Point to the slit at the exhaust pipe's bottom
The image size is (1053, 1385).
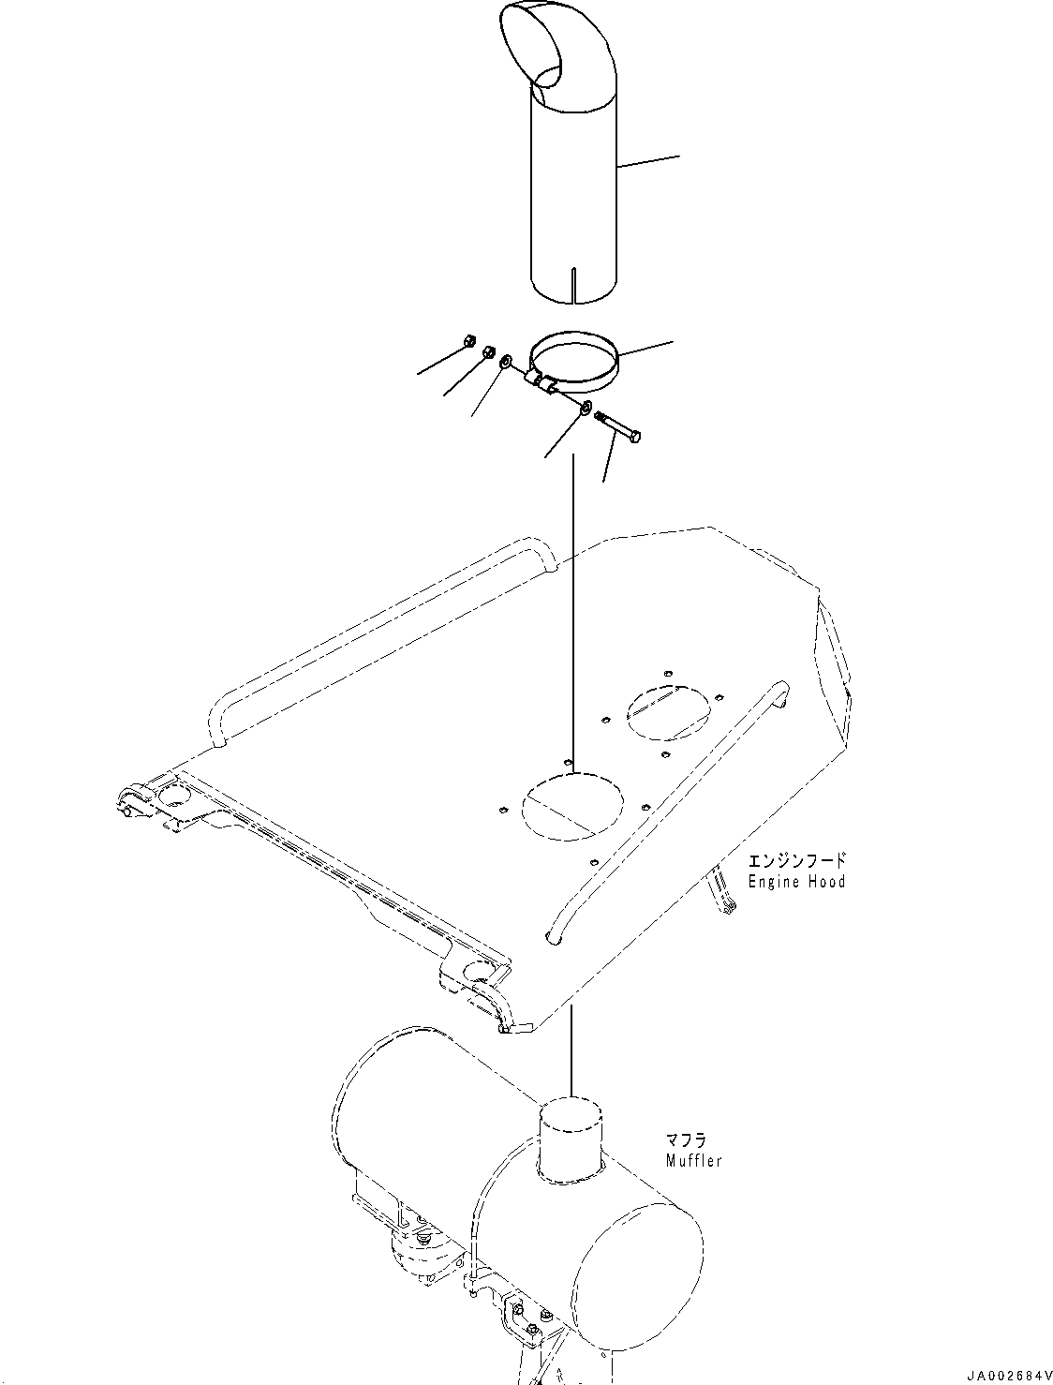(575, 284)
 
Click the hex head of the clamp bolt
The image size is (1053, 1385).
(636, 436)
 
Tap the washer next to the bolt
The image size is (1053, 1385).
(585, 408)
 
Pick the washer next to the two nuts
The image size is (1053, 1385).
(506, 362)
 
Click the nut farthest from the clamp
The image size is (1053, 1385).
(471, 341)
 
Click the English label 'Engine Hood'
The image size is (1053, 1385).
(796, 882)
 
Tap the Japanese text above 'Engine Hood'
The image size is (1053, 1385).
(796, 859)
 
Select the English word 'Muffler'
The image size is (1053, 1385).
(693, 1161)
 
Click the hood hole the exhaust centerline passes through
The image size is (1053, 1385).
(571, 805)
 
